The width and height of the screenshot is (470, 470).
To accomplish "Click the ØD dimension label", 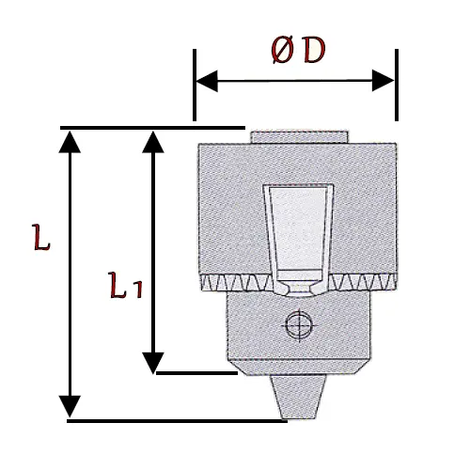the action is pyautogui.click(x=299, y=51).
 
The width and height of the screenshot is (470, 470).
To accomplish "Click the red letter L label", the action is pyautogui.click(x=41, y=237).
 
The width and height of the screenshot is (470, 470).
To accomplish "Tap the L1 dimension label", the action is pyautogui.click(x=126, y=285).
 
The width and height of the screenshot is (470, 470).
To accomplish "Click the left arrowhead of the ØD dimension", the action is pyautogui.click(x=207, y=81).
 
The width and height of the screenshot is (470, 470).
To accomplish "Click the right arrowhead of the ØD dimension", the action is pyautogui.click(x=383, y=81).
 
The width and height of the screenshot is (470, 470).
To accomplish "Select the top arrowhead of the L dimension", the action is pyautogui.click(x=70, y=142).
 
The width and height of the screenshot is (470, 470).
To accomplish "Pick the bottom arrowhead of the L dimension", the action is pyautogui.click(x=70, y=406).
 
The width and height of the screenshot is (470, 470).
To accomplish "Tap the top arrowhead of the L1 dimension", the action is pyautogui.click(x=153, y=142).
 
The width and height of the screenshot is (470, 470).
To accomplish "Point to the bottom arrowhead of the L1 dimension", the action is pyautogui.click(x=153, y=363).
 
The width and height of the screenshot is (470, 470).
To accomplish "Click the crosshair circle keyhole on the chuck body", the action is pyautogui.click(x=300, y=325).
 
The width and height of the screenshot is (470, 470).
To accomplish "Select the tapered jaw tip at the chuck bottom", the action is pyautogui.click(x=298, y=397).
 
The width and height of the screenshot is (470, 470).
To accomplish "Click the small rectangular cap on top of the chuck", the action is pyautogui.click(x=299, y=137).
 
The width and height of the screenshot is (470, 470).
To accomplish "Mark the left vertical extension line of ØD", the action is pyautogui.click(x=195, y=85).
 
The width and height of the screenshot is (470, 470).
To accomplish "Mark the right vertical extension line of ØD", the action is pyautogui.click(x=397, y=85).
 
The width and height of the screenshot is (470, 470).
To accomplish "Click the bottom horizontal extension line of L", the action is pyautogui.click(x=177, y=421).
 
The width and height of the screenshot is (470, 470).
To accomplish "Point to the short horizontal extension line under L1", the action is pyautogui.click(x=196, y=373).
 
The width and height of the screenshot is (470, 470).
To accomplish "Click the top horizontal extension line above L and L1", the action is pyautogui.click(x=152, y=128).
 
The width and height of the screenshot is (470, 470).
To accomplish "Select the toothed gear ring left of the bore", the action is pyautogui.click(x=236, y=282).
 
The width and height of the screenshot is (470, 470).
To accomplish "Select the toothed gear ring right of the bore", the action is pyautogui.click(x=363, y=282).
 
